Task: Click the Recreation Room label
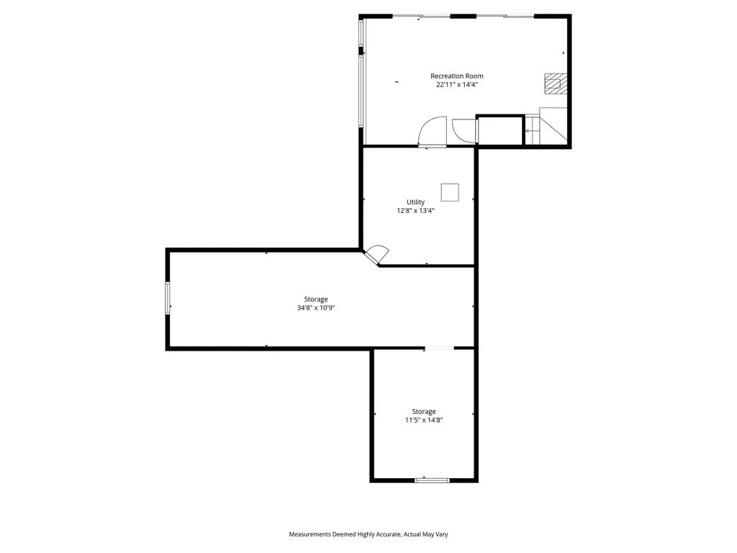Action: pos(456,76)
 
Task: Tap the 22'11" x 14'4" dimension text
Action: pos(456,84)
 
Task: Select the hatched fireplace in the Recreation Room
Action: pos(553,84)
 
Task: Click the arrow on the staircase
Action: pos(528,130)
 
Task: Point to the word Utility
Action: pos(415,202)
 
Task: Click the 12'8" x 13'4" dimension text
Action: pos(415,211)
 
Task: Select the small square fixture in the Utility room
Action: pos(450,192)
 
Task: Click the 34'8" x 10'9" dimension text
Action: pos(315,308)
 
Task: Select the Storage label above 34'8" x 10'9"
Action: pos(315,299)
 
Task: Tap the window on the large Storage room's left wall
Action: pos(168,297)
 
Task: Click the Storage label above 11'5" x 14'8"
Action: pos(423,411)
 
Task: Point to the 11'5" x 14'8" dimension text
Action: pos(423,421)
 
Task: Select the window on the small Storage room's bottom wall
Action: pos(432,479)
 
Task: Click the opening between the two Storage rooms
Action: pos(438,349)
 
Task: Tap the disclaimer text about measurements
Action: pos(368,534)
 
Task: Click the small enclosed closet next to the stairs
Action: pos(499,130)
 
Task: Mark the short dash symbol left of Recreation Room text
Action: pos(397,82)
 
